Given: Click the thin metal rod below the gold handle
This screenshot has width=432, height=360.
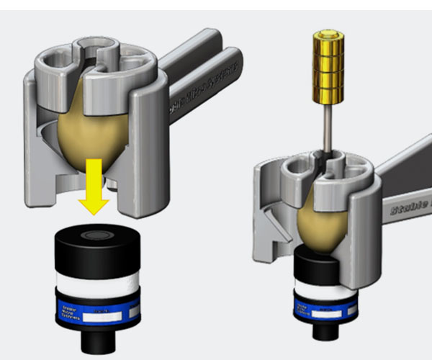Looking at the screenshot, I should (326, 126).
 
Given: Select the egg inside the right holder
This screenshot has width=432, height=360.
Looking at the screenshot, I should (324, 216).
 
